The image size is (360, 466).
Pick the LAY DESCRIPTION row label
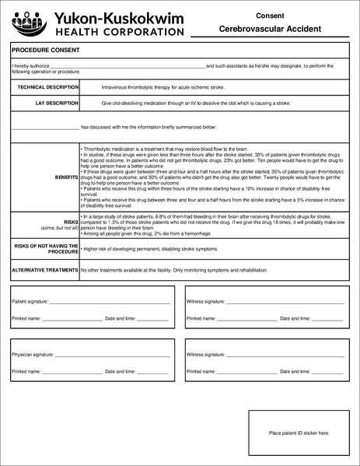pos(56,103)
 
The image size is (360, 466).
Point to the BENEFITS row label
pos(66,177)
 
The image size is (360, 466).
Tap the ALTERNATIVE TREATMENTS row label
pos(44,271)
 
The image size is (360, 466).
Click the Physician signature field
pos(112,355)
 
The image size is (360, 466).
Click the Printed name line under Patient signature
pos(71,319)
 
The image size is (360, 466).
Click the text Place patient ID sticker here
pos(299,433)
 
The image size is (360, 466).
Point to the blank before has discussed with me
pos(45,128)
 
